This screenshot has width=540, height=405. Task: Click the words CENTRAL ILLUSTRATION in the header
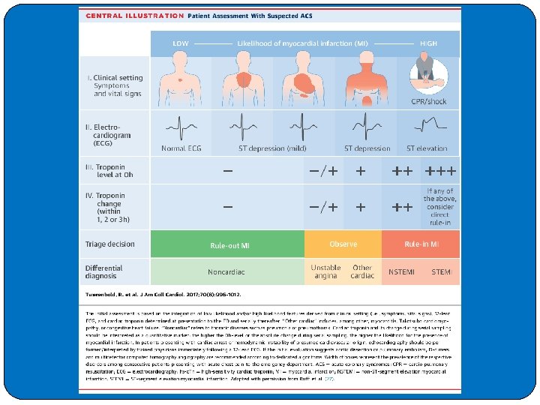point(134,15)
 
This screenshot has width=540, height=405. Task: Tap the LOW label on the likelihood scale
point(181,43)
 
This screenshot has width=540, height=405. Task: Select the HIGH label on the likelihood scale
point(429,43)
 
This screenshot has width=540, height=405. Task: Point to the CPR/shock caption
point(429,101)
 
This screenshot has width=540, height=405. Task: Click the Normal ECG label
point(181,148)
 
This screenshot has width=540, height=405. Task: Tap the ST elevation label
point(427,148)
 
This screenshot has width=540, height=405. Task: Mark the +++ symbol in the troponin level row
point(441,171)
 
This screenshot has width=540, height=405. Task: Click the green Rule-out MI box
point(229,245)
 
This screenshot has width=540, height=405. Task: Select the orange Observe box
point(343,244)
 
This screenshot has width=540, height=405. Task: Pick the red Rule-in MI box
point(421,244)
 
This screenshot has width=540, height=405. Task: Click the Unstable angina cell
point(325,271)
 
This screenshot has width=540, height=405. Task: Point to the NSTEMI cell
point(401,271)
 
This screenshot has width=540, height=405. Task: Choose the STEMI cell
point(442,271)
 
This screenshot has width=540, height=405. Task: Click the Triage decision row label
point(110,244)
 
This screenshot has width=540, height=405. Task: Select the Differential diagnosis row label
point(104,271)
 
